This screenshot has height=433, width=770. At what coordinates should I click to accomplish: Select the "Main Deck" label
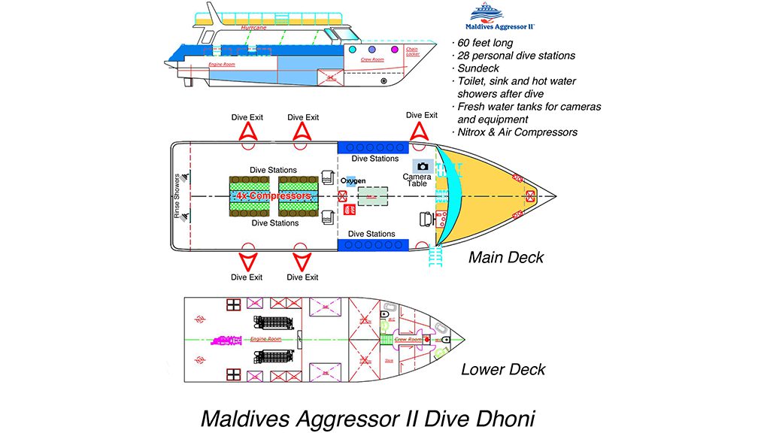click(x=505, y=258)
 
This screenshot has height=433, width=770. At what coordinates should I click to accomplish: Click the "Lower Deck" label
click(x=502, y=369)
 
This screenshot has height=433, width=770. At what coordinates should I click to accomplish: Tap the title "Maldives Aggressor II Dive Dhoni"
click(x=368, y=416)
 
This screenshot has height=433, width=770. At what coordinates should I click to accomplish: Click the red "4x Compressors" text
click(x=273, y=196)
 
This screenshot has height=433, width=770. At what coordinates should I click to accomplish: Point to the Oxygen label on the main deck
click(x=353, y=181)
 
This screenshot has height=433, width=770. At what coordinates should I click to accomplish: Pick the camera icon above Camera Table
click(x=423, y=165)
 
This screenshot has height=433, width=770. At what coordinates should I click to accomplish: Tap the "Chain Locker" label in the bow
click(x=412, y=52)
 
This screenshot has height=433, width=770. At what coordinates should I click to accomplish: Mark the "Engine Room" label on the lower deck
click(x=265, y=340)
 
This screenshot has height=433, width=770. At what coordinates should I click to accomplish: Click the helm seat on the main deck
click(x=426, y=220)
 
